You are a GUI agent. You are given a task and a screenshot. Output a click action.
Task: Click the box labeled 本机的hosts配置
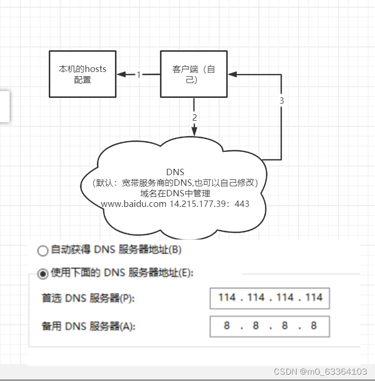82,74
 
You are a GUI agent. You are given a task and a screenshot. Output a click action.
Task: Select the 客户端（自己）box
194,74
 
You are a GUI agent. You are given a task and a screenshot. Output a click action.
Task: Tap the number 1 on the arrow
139,75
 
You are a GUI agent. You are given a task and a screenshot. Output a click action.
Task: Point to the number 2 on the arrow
194,117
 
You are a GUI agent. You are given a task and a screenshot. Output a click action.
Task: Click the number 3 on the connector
281,101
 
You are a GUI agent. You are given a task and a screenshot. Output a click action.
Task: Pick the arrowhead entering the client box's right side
232,75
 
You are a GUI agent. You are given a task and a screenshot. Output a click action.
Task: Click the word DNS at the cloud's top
175,172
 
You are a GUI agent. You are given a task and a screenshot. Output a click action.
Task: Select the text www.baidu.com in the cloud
133,204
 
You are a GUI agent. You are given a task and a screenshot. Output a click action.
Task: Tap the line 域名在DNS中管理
175,193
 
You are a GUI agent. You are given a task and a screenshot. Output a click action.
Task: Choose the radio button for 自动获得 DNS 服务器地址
43,250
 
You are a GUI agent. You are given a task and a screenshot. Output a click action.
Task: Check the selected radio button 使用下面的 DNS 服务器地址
43,274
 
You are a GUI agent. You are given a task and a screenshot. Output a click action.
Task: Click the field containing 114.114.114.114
270,298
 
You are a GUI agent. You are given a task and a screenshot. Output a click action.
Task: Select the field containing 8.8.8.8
270,326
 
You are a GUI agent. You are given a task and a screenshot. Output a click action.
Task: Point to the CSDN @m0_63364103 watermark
320,371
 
